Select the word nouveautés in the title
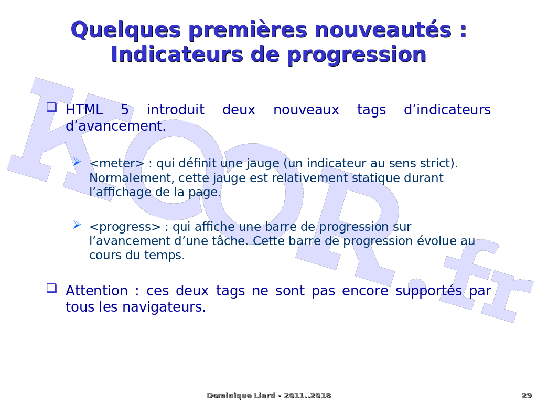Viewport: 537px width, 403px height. click(x=382, y=29)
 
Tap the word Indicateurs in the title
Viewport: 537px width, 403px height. click(x=177, y=55)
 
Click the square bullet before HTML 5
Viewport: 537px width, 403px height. click(x=52, y=107)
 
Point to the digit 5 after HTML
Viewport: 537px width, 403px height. click(x=125, y=110)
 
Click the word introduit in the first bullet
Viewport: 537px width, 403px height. click(x=176, y=110)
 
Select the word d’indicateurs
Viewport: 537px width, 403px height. click(x=447, y=110)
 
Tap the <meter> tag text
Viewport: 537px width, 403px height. click(x=117, y=164)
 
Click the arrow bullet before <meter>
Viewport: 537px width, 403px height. click(x=77, y=162)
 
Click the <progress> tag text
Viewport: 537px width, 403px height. click(x=125, y=227)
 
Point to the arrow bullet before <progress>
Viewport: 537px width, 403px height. click(x=77, y=225)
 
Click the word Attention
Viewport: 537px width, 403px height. click(x=96, y=291)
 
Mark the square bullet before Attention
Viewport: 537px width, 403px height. click(x=52, y=288)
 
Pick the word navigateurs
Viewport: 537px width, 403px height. click(x=164, y=307)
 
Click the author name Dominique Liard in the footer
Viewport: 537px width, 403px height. click(x=241, y=396)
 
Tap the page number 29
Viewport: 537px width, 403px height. click(x=527, y=396)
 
